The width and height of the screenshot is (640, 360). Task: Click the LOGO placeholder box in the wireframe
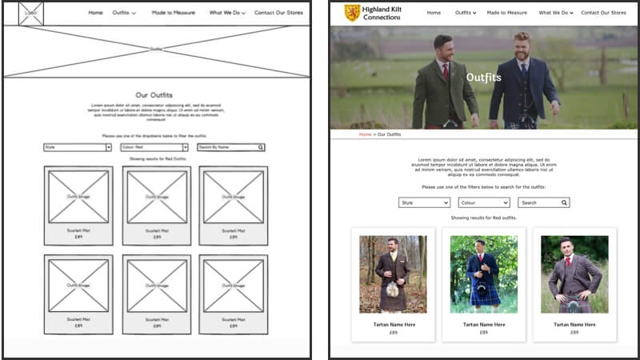click(x=30, y=13)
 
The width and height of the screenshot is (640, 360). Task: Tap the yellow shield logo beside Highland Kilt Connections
click(x=351, y=13)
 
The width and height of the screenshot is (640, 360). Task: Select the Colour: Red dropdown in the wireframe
click(x=154, y=147)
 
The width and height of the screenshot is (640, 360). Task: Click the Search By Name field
click(x=230, y=147)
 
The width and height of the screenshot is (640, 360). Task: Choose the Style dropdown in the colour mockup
click(x=424, y=202)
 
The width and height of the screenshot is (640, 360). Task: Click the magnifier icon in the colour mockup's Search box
click(x=564, y=202)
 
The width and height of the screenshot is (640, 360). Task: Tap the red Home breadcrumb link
click(x=365, y=134)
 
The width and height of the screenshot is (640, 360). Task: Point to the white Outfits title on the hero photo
click(x=483, y=78)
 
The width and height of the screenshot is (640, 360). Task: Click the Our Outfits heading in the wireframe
click(x=154, y=95)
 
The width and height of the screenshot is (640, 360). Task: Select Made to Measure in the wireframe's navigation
click(x=172, y=13)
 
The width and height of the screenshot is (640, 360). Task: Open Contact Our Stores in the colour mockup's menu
click(x=603, y=13)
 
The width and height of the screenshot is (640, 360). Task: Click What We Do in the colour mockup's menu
click(x=554, y=13)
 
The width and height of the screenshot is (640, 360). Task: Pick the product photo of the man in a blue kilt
click(x=483, y=274)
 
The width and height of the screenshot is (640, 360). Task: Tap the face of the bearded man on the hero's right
click(x=522, y=46)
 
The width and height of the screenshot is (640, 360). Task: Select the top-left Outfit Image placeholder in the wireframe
click(x=78, y=197)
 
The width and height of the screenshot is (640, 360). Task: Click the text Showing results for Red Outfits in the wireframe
click(x=157, y=159)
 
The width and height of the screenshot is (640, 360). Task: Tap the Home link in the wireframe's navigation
click(x=95, y=13)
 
